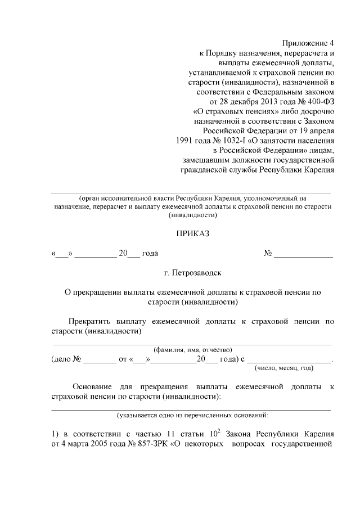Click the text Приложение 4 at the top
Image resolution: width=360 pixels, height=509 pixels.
pos(308,43)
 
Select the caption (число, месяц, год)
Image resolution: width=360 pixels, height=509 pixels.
pos(284,368)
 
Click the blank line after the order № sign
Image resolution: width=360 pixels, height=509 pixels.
pos(303,254)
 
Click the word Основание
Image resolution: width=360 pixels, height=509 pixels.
pos(94,388)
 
